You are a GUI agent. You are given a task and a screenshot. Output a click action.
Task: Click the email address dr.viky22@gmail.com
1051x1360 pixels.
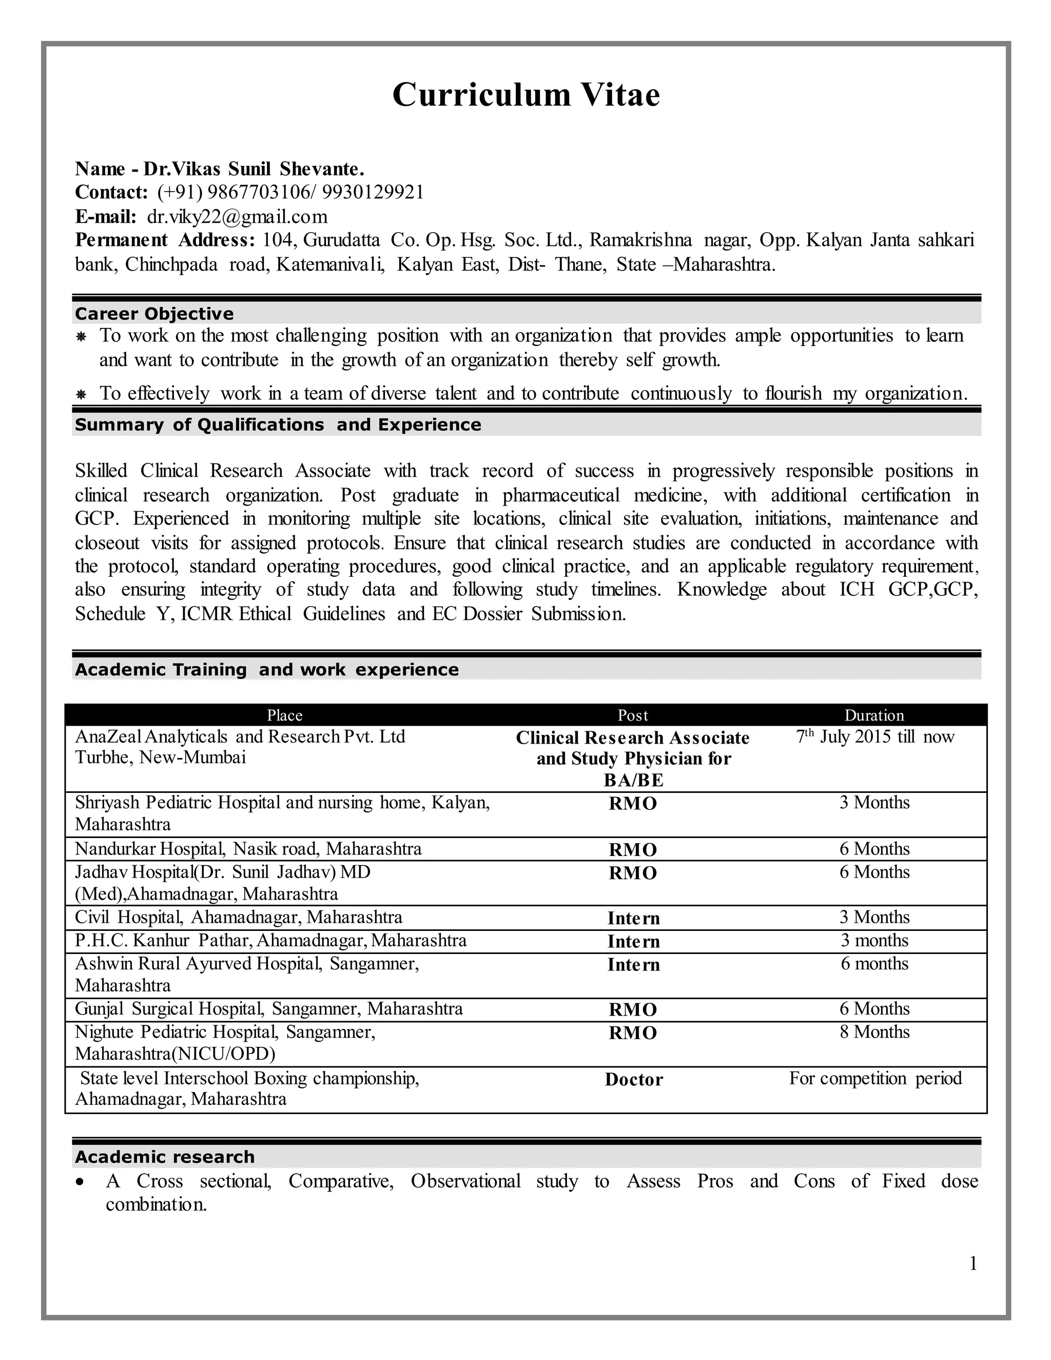click(x=237, y=216)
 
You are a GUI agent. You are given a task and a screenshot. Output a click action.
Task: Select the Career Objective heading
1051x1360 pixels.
click(x=154, y=313)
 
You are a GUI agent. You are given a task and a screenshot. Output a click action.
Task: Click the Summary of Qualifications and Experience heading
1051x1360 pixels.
click(x=278, y=425)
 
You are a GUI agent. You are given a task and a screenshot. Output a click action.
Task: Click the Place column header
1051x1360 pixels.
click(x=284, y=715)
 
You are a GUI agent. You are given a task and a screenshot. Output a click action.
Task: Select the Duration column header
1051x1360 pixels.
click(x=873, y=715)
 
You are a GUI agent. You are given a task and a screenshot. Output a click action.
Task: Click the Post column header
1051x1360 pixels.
click(x=633, y=715)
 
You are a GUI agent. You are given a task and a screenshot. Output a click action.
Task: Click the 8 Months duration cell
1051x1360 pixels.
click(x=874, y=1032)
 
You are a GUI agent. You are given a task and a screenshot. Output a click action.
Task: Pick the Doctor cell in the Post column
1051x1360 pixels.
click(x=633, y=1079)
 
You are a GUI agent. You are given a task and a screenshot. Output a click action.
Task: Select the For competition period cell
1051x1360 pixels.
click(x=875, y=1078)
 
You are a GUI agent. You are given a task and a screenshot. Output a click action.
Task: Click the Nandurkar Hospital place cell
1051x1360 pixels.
click(x=248, y=849)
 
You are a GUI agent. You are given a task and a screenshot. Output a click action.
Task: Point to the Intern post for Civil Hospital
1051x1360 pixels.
click(x=633, y=919)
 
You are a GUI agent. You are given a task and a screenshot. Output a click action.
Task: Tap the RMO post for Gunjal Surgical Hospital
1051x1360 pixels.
click(x=633, y=1009)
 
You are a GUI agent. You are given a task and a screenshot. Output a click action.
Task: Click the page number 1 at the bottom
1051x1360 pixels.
click(x=972, y=1264)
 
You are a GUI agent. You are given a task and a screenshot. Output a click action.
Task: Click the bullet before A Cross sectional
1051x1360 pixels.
click(x=79, y=1182)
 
